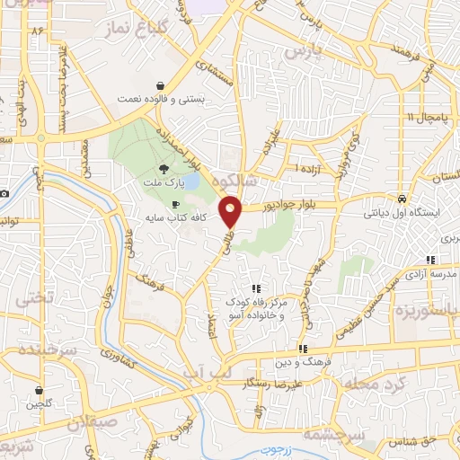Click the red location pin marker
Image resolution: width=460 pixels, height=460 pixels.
point(232,211)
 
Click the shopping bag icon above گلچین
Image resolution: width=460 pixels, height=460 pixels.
point(39,391)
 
